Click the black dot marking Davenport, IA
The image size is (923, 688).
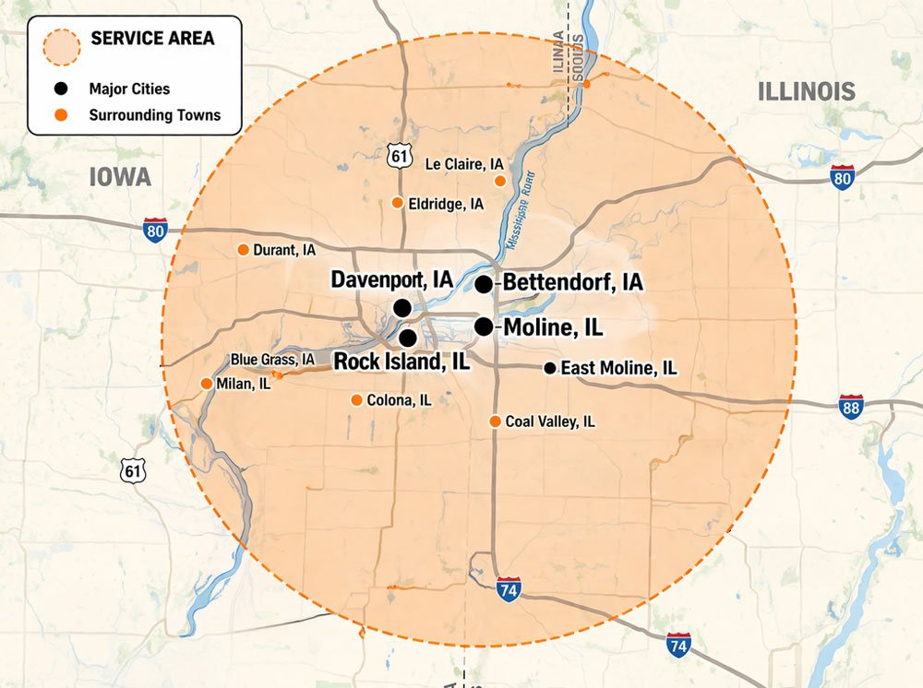tap(402, 307)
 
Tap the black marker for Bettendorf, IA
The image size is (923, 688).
tap(484, 284)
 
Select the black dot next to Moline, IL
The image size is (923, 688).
tap(484, 326)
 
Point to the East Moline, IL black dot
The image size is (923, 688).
tap(550, 368)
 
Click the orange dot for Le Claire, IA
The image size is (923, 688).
tap(500, 181)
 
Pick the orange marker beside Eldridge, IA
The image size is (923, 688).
tap(397, 203)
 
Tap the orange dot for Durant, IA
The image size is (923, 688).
tap(243, 250)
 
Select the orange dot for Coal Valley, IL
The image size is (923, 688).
tap(495, 421)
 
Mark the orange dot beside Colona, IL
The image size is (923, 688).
tap(356, 400)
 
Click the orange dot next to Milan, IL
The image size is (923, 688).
tap(206, 384)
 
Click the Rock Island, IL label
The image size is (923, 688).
tap(402, 362)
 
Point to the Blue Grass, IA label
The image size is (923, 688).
tap(273, 360)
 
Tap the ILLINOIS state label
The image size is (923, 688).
tap(806, 91)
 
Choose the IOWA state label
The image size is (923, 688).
tap(120, 177)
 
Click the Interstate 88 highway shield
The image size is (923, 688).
tap(851, 407)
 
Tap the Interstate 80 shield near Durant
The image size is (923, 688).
tap(156, 230)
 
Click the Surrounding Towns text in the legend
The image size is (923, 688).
tap(154, 115)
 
